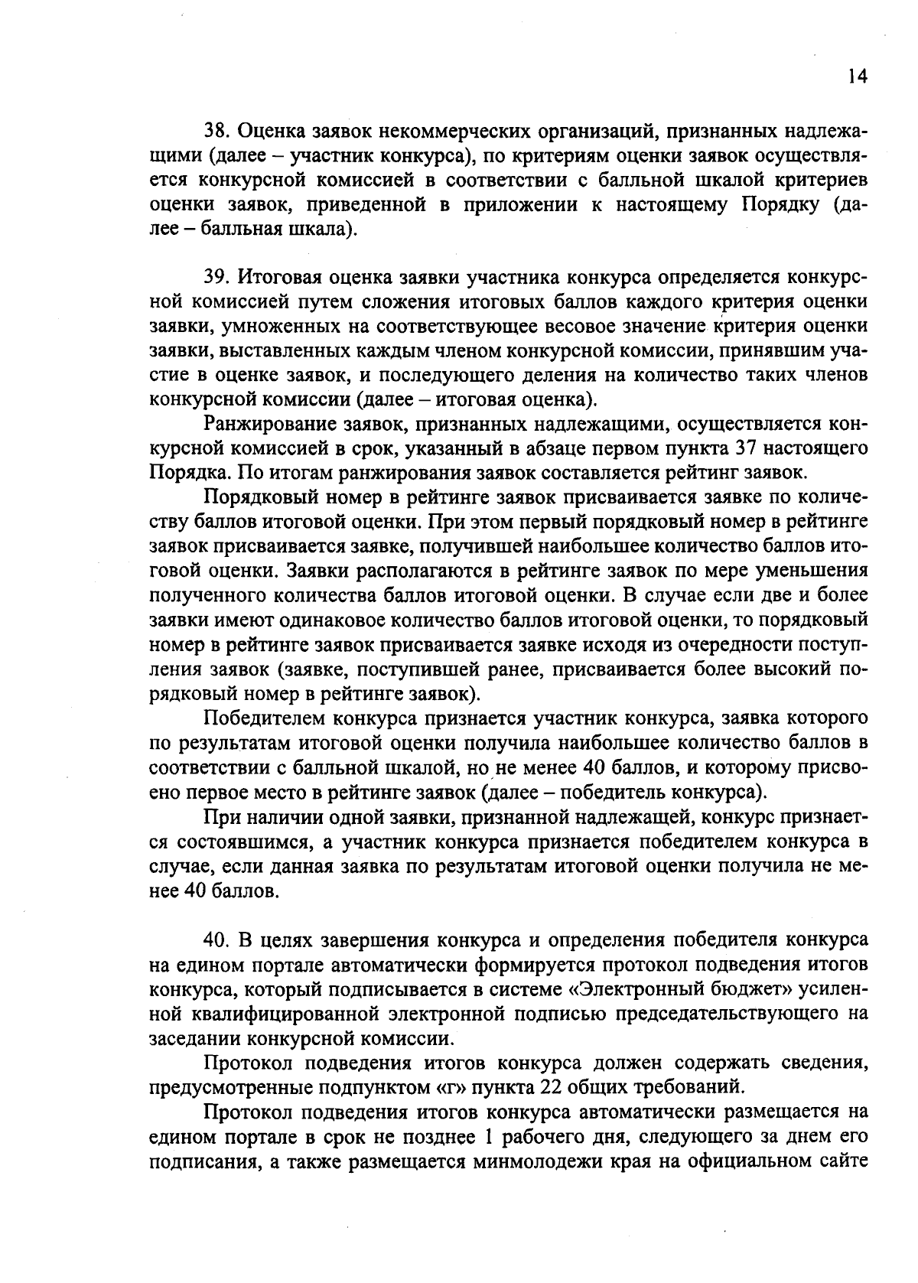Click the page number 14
tap(858, 77)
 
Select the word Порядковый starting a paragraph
tap(257, 497)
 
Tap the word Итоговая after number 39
tap(278, 277)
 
